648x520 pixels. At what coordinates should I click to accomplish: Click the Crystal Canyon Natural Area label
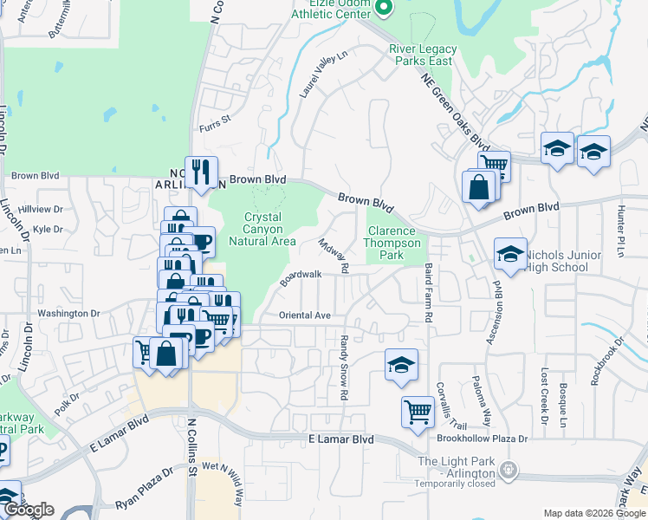click(262, 230)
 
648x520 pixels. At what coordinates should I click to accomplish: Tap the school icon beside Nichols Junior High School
click(511, 254)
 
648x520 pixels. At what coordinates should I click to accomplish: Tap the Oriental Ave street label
click(305, 315)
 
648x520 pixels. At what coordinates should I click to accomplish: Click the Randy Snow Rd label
click(344, 367)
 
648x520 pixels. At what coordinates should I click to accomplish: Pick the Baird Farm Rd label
click(427, 295)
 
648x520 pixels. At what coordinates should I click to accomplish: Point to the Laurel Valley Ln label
click(324, 74)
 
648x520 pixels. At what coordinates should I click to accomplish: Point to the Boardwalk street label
click(301, 278)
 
